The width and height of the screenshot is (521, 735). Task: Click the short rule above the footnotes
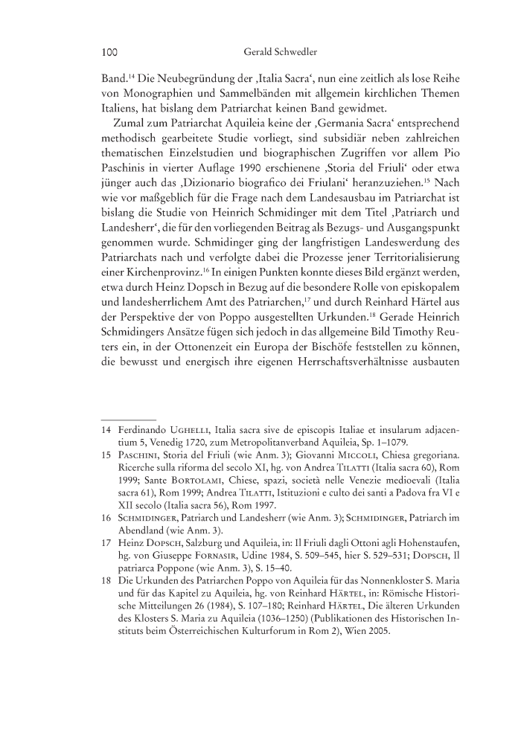[x=127, y=418]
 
